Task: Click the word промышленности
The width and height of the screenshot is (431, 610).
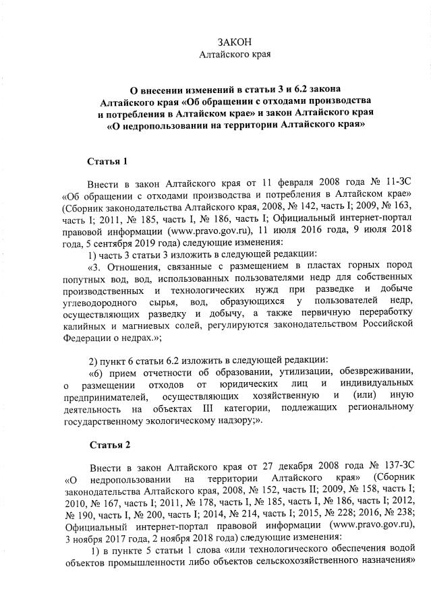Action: tap(137, 561)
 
